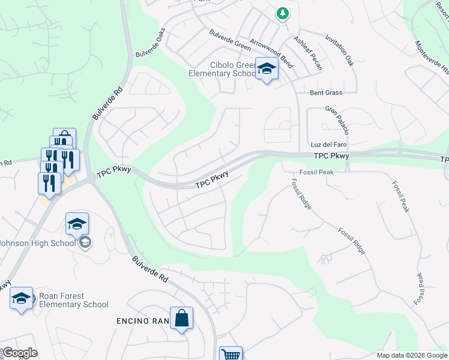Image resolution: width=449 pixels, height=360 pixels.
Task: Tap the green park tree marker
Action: click(282, 13)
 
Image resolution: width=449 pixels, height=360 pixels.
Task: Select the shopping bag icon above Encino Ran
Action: click(181, 319)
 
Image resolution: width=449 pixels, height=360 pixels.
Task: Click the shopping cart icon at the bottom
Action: click(231, 355)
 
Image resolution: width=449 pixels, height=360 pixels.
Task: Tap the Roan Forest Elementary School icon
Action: click(21, 298)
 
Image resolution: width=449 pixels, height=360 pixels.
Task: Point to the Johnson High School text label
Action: click(38, 243)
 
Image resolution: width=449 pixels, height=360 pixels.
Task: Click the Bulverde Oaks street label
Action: click(150, 44)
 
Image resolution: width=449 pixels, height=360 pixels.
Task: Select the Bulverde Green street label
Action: click(230, 39)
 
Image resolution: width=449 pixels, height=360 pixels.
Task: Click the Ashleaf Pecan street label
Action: click(308, 53)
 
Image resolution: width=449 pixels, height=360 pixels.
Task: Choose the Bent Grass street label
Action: click(326, 93)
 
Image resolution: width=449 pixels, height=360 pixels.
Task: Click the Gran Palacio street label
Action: click(337, 120)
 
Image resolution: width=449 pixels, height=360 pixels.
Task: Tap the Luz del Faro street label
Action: click(329, 145)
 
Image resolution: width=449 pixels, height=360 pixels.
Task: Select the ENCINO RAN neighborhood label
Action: click(143, 322)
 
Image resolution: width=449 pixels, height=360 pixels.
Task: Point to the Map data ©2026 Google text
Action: click(411, 355)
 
